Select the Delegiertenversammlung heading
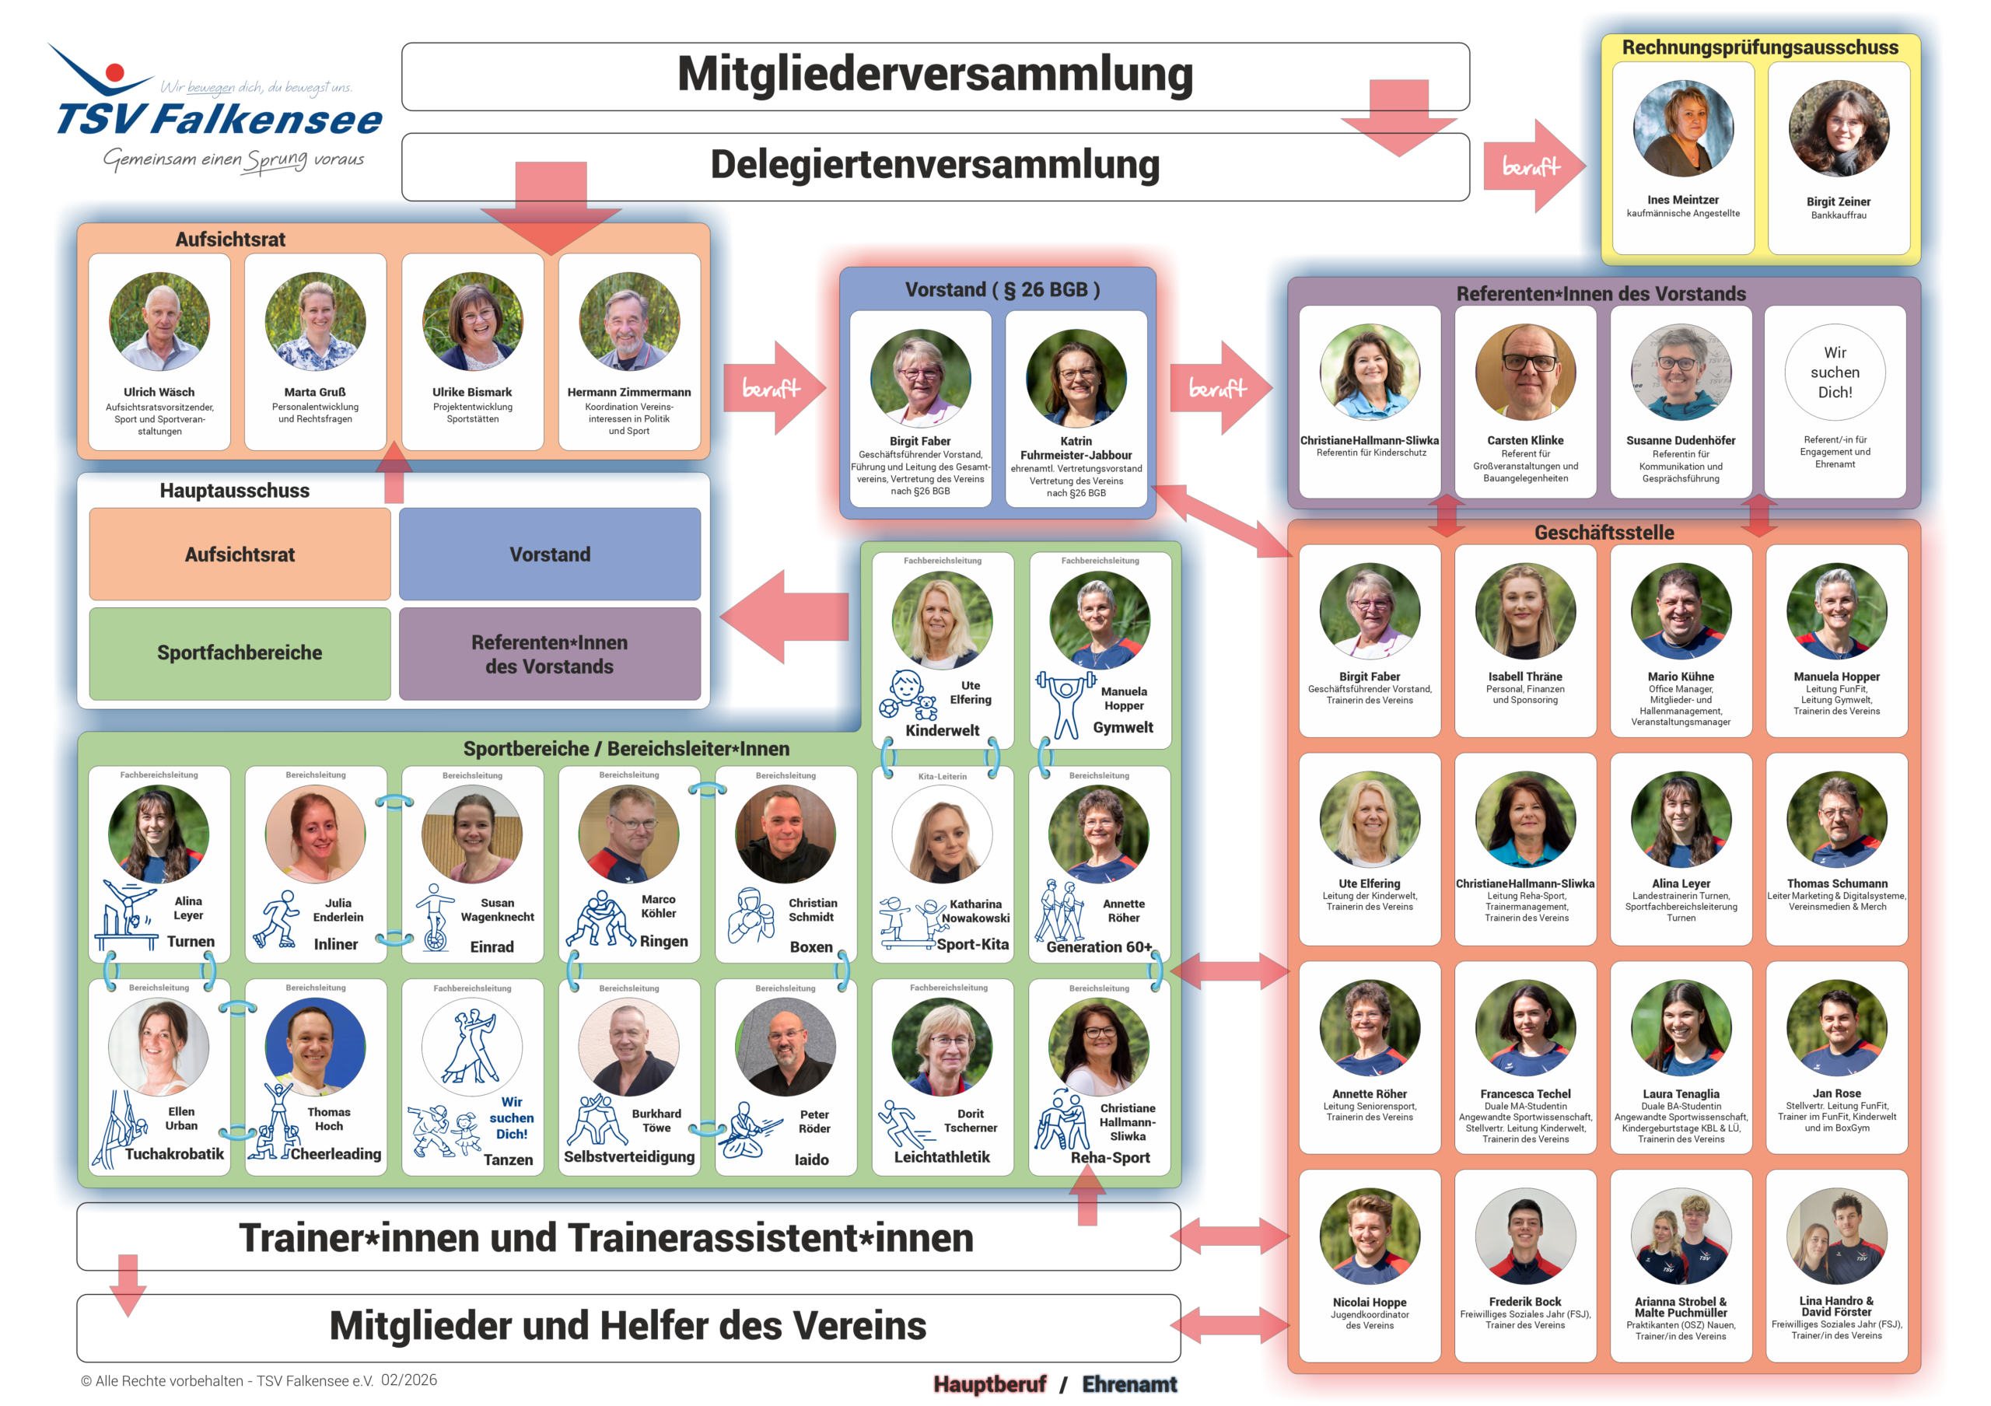click(x=934, y=165)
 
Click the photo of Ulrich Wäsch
click(x=159, y=322)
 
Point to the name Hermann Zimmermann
click(x=628, y=392)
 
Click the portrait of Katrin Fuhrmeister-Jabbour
click(x=1076, y=379)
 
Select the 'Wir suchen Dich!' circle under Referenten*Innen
click(x=1834, y=372)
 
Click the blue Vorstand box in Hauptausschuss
click(x=549, y=554)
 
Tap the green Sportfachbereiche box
click(x=240, y=652)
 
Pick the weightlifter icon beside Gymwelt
click(x=1064, y=702)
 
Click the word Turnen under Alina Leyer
click(x=191, y=942)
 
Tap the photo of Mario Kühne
click(x=1680, y=611)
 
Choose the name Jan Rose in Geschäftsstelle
click(x=1835, y=1093)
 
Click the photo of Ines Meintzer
click(x=1682, y=128)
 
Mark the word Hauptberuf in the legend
click(x=989, y=1384)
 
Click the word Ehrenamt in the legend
click(x=1129, y=1384)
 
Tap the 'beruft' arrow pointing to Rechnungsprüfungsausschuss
click(x=1533, y=166)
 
